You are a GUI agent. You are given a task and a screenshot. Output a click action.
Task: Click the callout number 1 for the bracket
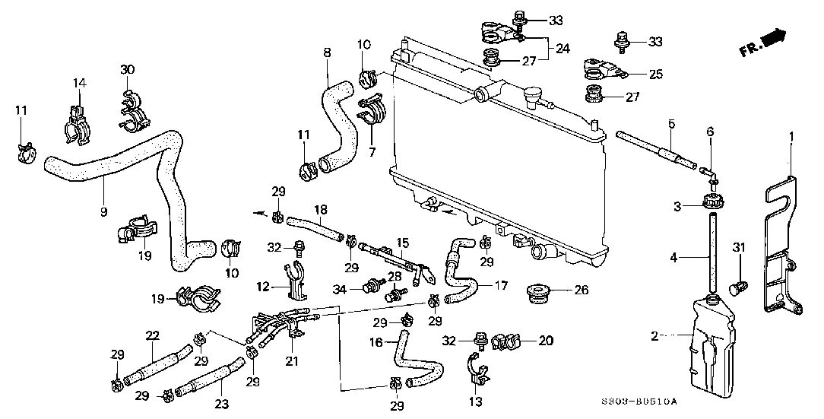(x=791, y=137)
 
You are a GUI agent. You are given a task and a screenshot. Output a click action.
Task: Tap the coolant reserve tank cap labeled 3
(x=712, y=204)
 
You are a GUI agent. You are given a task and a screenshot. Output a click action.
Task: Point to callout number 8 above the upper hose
(x=327, y=52)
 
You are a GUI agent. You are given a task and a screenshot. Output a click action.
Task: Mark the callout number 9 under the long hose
(x=103, y=211)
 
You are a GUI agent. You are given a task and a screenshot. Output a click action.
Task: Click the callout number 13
(x=477, y=402)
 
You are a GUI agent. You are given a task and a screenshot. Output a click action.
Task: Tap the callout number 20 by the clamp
(x=547, y=340)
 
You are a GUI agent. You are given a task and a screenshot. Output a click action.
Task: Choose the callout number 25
(x=655, y=74)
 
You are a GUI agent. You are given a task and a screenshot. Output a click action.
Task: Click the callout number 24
(x=563, y=48)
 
